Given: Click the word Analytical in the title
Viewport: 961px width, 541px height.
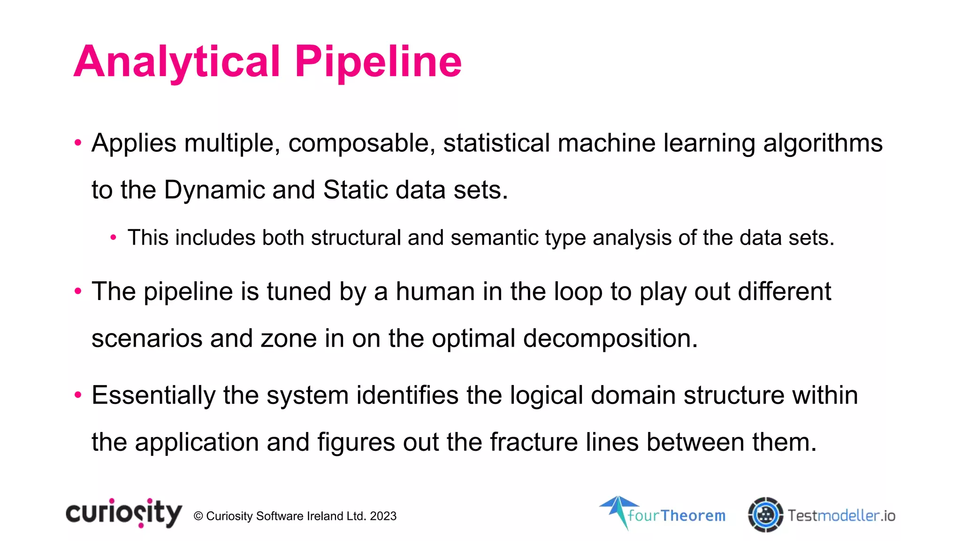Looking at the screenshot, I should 177,62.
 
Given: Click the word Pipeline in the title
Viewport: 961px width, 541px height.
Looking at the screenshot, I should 378,62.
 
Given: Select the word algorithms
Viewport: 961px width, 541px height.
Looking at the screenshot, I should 823,143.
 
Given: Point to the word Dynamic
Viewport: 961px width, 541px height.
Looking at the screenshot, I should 215,190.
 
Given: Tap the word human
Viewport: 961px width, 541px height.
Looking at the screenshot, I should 435,292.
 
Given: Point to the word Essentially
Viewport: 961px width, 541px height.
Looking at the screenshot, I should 153,395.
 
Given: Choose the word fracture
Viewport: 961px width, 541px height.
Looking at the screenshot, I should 534,442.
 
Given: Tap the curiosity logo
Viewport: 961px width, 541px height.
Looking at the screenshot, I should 123,513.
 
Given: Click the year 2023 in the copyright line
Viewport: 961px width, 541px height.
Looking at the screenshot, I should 383,516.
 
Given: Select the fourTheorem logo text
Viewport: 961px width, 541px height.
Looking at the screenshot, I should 677,516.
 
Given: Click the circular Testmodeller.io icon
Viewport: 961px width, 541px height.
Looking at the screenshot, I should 765,515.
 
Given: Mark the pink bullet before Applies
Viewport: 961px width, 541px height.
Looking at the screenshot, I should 78,142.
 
